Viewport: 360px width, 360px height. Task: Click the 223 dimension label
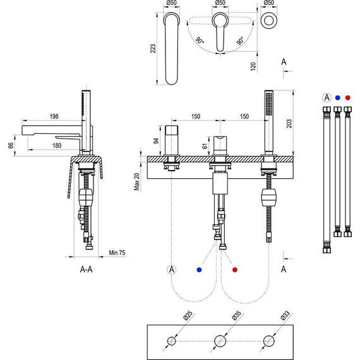(153, 49)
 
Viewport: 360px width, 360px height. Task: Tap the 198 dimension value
(54, 116)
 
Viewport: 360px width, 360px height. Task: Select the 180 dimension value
(57, 145)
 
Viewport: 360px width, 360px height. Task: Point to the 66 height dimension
(11, 145)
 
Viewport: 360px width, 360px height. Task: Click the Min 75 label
(117, 253)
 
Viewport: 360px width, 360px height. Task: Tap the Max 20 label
(136, 182)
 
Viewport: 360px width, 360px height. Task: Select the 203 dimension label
(289, 124)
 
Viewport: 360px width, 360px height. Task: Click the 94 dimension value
(156, 141)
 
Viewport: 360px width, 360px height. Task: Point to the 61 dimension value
(205, 145)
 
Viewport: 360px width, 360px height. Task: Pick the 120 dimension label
(253, 66)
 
